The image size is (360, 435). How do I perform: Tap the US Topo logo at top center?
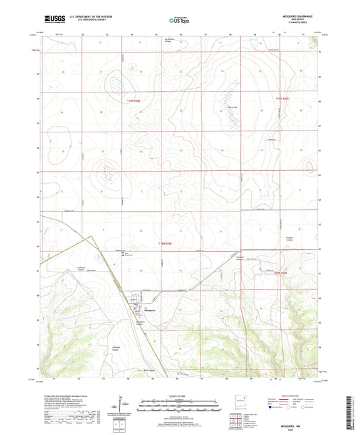click(x=179, y=21)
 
